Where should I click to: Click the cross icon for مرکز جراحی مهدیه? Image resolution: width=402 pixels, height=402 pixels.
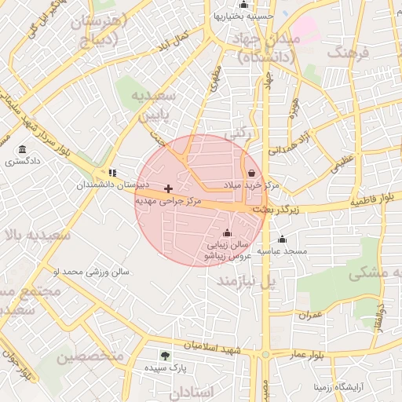168,188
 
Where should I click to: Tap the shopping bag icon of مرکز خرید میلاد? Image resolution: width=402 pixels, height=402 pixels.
250,173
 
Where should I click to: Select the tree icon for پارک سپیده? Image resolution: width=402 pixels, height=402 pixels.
164,356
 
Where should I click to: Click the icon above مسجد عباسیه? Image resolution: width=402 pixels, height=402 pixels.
282,239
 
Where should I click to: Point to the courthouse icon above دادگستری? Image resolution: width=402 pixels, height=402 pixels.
22,149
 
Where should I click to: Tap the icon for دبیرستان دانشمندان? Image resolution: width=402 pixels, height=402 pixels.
113,173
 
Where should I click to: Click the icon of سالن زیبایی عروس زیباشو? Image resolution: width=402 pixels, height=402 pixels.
228,232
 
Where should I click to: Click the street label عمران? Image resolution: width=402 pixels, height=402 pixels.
310,314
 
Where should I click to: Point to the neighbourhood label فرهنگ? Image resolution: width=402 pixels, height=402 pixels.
350,54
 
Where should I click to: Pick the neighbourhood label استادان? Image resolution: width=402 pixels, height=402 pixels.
191,391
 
